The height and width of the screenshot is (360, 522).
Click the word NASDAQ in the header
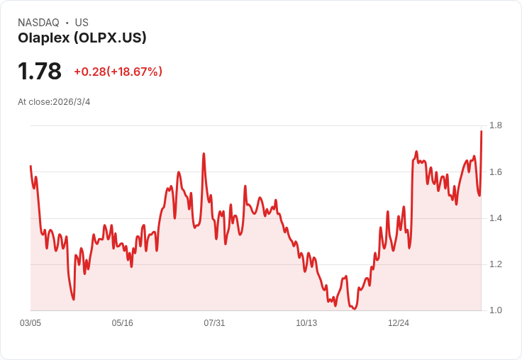(x=38, y=23)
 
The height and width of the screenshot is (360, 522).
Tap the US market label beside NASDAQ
(x=82, y=23)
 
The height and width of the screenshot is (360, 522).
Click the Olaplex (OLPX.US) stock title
(x=82, y=38)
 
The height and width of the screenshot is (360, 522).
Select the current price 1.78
(x=40, y=72)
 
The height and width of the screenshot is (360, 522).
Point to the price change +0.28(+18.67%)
(x=118, y=72)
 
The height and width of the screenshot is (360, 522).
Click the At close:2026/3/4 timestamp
(x=54, y=102)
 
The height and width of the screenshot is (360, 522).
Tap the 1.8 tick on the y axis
(x=496, y=126)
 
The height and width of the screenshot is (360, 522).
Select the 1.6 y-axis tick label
(x=496, y=172)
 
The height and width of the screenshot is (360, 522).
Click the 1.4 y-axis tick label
(x=496, y=218)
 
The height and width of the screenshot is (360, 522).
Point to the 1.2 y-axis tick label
(x=496, y=264)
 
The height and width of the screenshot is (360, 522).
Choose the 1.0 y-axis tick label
(x=496, y=310)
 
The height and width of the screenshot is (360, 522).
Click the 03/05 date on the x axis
(x=30, y=323)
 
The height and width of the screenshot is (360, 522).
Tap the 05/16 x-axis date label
(x=123, y=323)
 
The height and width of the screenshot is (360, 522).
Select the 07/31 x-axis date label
(x=214, y=323)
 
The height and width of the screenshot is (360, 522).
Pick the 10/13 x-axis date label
(x=306, y=323)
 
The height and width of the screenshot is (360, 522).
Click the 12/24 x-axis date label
(x=399, y=323)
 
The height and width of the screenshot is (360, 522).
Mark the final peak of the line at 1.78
(x=481, y=131)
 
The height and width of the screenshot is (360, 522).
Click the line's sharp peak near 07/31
(x=204, y=153)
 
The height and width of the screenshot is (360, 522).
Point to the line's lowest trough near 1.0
(x=354, y=309)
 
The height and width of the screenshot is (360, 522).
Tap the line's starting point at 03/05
(x=30, y=166)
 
